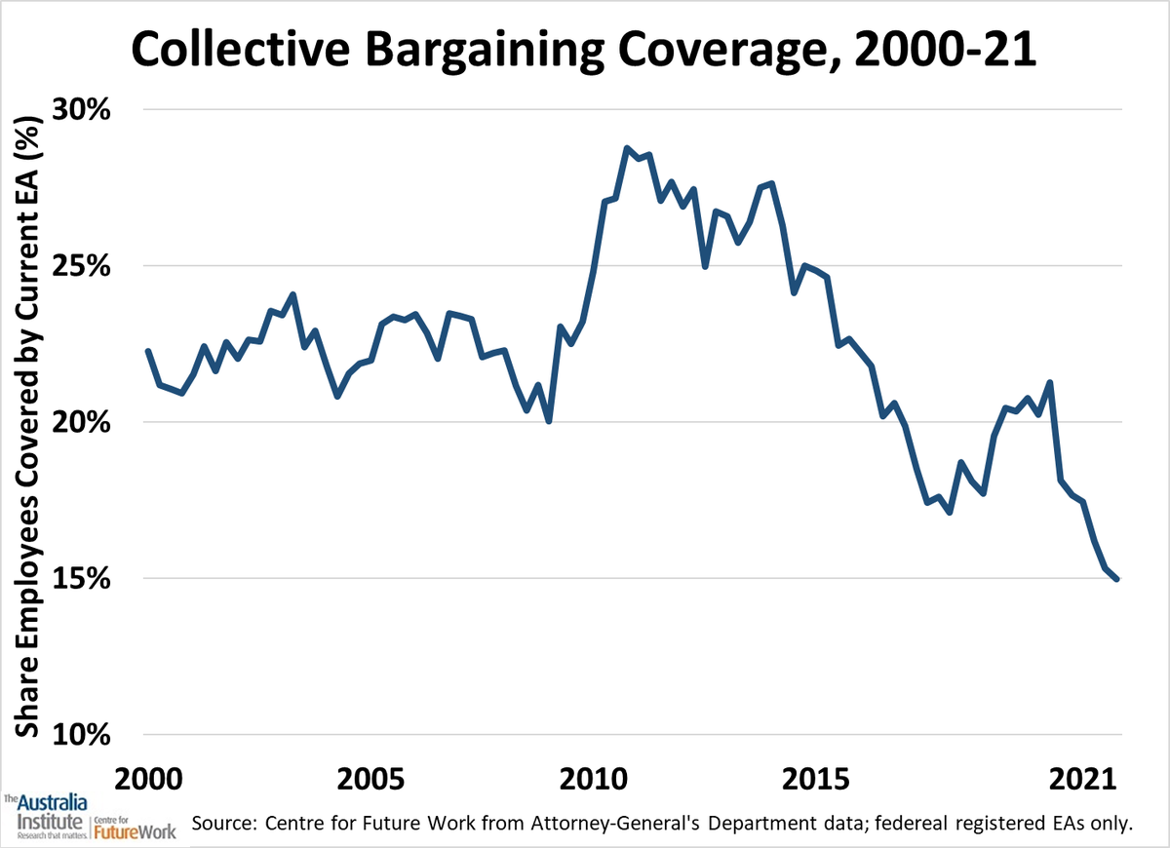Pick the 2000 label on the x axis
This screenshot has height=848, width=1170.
[147, 780]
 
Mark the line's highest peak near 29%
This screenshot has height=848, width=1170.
[627, 148]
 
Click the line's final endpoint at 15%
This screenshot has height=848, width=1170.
[1116, 579]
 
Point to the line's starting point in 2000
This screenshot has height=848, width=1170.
[147, 351]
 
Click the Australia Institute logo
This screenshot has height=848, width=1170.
[46, 817]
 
